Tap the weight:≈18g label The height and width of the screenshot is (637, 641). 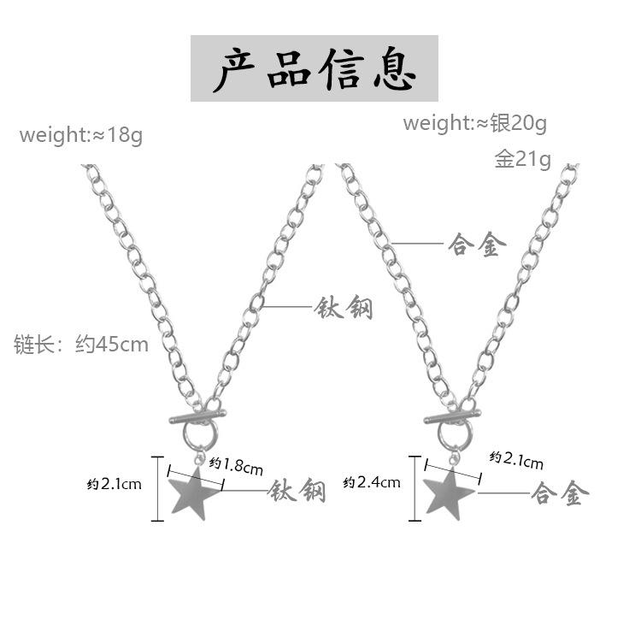point(81,135)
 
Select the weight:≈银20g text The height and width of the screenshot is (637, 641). point(474,123)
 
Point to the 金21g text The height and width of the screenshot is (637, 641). point(522,159)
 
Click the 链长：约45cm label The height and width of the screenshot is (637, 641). point(81,345)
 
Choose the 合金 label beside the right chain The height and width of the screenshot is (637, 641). point(477,244)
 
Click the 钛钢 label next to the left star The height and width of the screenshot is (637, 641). point(297,490)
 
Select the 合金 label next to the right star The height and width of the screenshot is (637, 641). point(556,493)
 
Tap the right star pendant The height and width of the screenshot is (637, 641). point(447,495)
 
